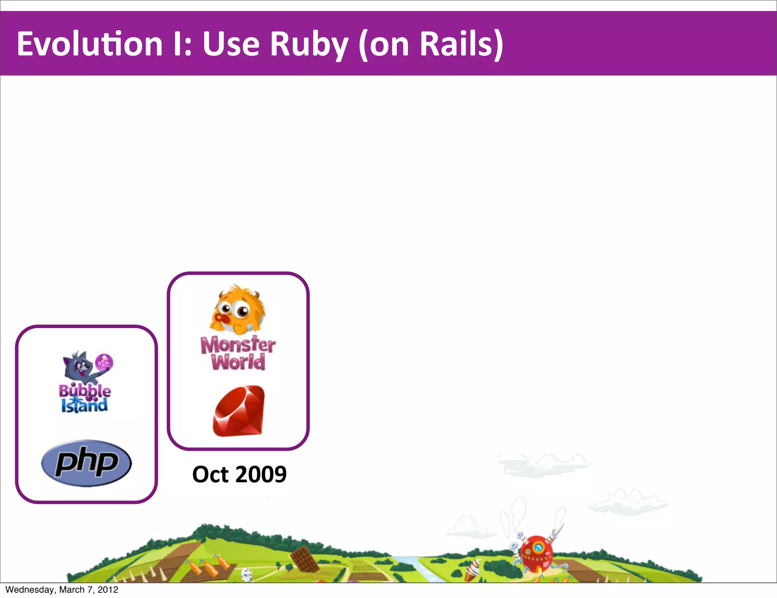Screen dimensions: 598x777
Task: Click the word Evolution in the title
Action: pyautogui.click(x=90, y=44)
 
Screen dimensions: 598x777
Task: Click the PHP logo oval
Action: pyautogui.click(x=87, y=463)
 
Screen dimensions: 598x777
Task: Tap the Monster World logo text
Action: pyautogui.click(x=238, y=353)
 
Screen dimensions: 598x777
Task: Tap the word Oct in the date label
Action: pyautogui.click(x=210, y=474)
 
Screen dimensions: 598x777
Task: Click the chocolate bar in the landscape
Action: pyautogui.click(x=305, y=559)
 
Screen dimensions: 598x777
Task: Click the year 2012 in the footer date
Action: pyautogui.click(x=108, y=590)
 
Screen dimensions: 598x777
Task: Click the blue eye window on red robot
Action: pyautogui.click(x=538, y=548)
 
